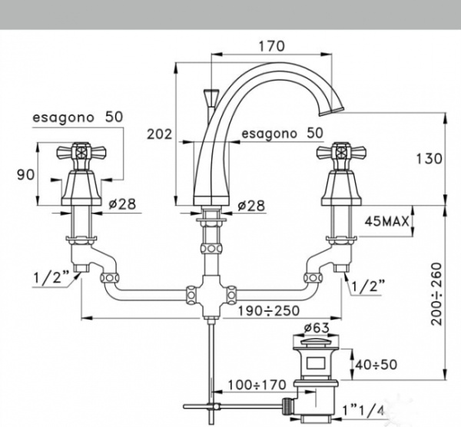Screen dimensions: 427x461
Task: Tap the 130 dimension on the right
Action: (x=429, y=159)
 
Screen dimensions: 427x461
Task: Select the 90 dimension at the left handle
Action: (x=26, y=174)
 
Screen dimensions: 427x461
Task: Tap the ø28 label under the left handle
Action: (x=122, y=205)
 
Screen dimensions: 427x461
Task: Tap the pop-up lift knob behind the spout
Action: (x=207, y=97)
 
